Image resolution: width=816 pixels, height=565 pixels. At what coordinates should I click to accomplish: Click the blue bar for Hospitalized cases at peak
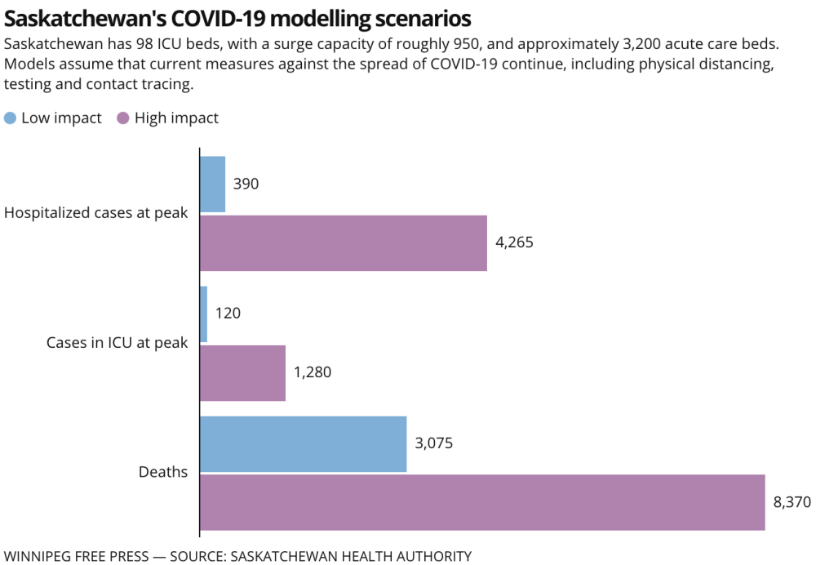coord(213,185)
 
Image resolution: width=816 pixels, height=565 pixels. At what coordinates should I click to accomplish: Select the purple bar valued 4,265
coord(344,242)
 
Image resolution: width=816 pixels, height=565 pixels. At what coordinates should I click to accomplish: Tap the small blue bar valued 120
coord(204,314)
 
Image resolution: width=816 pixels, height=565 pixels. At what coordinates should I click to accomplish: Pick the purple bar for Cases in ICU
coord(242,372)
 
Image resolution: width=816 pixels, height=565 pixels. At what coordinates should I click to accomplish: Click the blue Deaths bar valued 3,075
coord(304,443)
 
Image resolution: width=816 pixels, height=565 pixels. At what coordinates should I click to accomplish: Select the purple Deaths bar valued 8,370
coord(482,502)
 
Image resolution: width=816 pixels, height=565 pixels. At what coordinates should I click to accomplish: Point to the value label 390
coord(246,185)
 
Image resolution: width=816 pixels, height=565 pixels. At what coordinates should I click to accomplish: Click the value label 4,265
coord(514,242)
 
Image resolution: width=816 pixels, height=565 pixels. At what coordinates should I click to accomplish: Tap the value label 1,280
coord(313,372)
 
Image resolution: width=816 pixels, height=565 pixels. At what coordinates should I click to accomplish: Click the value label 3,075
coord(433,443)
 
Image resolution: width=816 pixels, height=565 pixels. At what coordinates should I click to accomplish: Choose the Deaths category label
coord(163,472)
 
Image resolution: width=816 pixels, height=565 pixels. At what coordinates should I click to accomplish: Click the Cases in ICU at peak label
coord(117,343)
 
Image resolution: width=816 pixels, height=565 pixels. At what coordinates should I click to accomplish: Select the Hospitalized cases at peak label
coord(96,213)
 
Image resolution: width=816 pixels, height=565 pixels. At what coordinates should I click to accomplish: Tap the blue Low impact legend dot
coord(11,118)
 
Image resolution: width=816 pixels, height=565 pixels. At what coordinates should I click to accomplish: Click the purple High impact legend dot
coord(123,118)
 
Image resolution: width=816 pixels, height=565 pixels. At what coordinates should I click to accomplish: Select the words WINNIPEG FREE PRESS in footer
coord(77,556)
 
